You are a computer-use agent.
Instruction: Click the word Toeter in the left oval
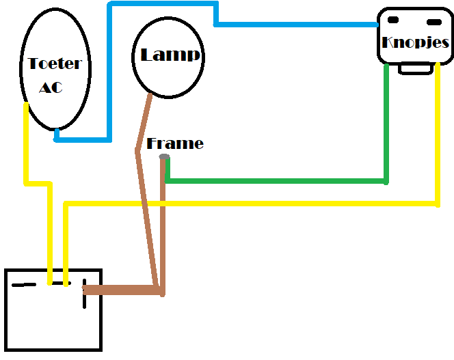click(x=55, y=64)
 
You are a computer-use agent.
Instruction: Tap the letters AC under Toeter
click(x=52, y=87)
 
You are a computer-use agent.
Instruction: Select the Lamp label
click(x=171, y=55)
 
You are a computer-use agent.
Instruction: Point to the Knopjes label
click(x=416, y=42)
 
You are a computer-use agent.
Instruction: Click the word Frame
click(x=175, y=143)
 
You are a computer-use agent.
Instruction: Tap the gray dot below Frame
click(x=164, y=158)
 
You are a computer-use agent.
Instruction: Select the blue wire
click(x=294, y=25)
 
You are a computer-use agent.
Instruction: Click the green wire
click(x=273, y=181)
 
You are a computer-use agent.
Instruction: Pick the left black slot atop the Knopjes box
click(x=394, y=19)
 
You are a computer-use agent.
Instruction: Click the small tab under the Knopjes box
click(x=414, y=69)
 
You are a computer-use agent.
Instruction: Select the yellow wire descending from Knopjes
click(x=437, y=137)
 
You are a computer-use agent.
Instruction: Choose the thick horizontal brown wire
click(x=123, y=290)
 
